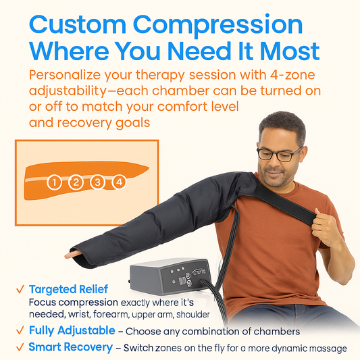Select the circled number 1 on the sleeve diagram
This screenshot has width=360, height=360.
[55, 182]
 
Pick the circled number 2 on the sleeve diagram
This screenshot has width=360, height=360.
[76, 182]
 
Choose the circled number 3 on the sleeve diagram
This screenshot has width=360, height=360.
[98, 182]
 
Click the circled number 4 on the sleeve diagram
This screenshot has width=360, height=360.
[119, 182]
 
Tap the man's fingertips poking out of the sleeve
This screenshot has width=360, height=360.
[69, 255]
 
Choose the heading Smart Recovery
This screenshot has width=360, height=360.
[70, 347]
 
